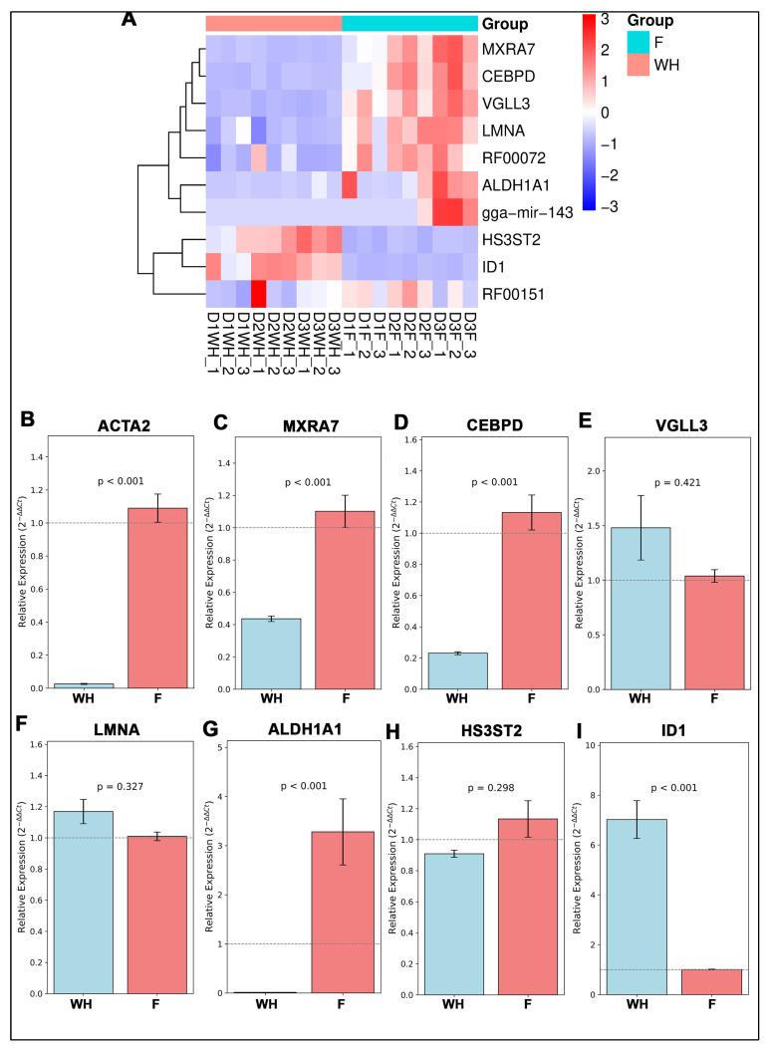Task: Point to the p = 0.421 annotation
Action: (x=678, y=481)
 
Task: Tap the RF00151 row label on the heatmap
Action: (x=514, y=293)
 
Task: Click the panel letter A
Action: (x=128, y=19)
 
